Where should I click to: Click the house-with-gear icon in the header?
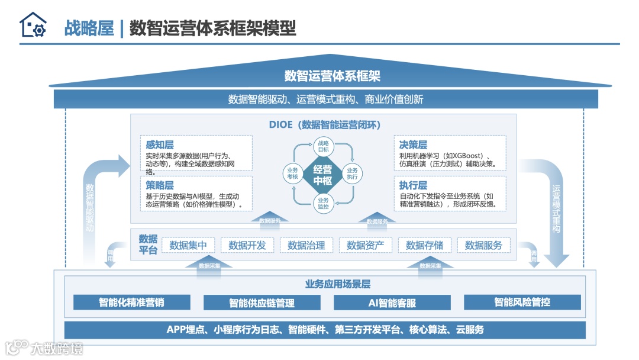coord(33,25)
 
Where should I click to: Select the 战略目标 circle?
coord(322,146)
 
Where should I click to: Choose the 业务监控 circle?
coord(322,203)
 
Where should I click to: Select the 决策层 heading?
coord(413,144)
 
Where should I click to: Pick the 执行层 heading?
coord(413,185)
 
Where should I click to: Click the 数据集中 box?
coord(188,245)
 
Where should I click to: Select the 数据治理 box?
coord(306,245)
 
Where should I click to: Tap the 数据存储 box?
coord(425,245)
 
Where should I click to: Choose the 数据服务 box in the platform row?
coord(483,245)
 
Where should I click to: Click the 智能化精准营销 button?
coord(132,303)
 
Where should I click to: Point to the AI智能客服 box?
coord(392,303)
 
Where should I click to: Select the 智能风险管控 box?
coord(522,303)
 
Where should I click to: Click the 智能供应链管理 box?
coord(262,303)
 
